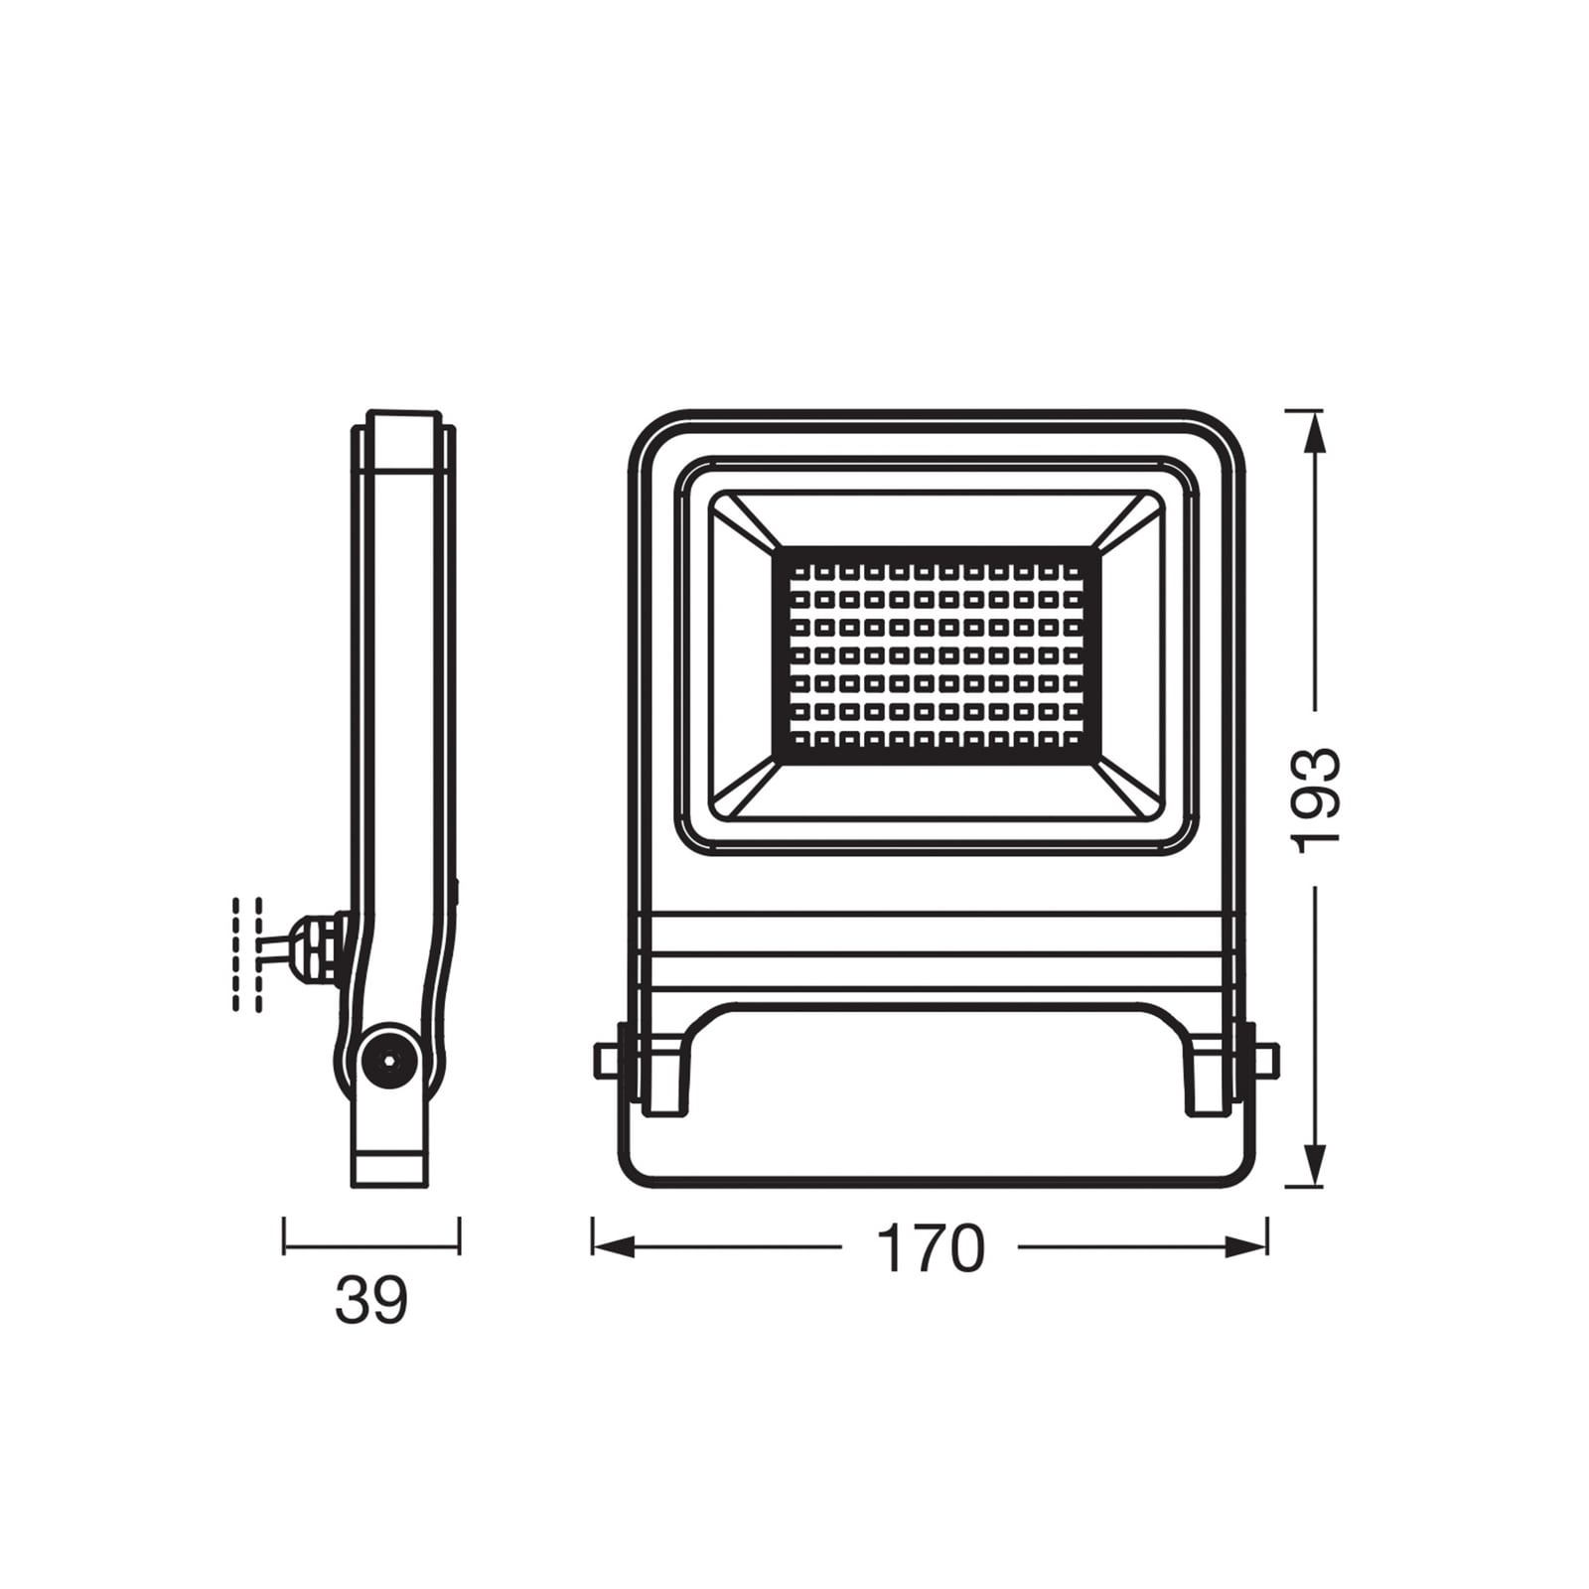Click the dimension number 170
tap(931, 1248)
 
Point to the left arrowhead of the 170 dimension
tap(612, 1247)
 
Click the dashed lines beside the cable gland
tap(247, 953)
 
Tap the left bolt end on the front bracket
tap(604, 1060)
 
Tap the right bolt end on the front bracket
tap(1266, 1060)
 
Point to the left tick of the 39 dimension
tap(284, 1235)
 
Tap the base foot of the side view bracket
tap(391, 1168)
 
